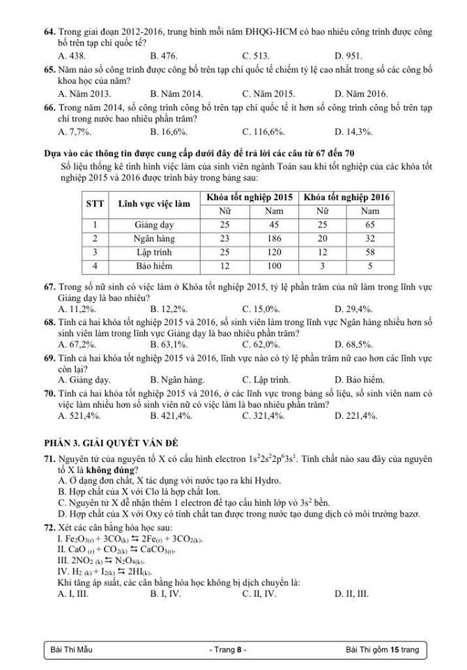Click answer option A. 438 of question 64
tap(72, 55)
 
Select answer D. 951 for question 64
tap(348, 55)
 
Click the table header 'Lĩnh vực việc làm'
tap(153, 204)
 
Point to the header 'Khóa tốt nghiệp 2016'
tap(347, 197)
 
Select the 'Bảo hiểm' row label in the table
tap(153, 266)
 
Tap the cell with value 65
tap(370, 225)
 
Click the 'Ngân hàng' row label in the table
tap(153, 239)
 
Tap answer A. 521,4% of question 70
tap(79, 415)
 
